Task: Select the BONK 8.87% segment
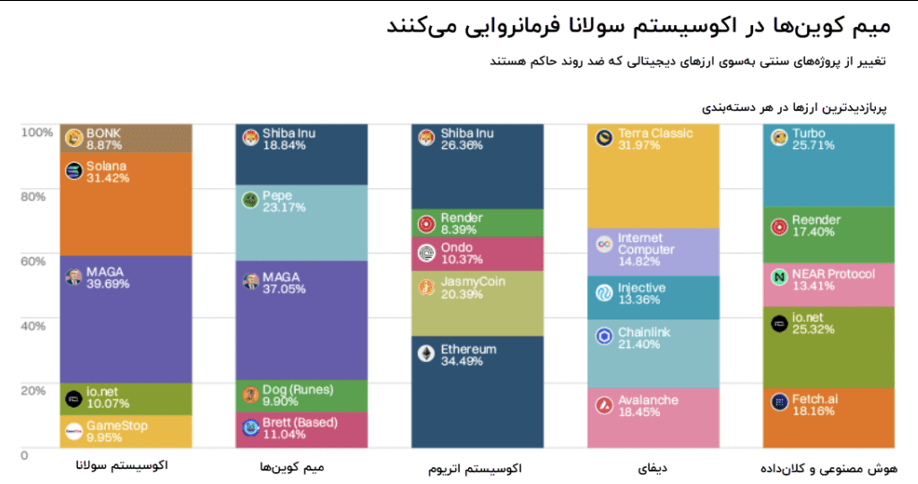coord(126,139)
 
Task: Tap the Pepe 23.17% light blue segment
coord(301,222)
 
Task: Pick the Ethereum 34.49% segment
coord(477,392)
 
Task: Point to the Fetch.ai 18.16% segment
coord(828,418)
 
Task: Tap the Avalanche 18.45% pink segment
coord(653,418)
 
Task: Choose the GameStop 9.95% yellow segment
coord(126,432)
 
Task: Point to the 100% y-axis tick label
coord(37,132)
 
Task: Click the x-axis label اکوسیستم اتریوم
coord(478,468)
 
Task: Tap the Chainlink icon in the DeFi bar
coord(604,336)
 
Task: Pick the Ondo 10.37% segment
coord(477,254)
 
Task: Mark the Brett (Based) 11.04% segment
coord(301,430)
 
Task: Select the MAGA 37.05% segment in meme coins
coord(301,320)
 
